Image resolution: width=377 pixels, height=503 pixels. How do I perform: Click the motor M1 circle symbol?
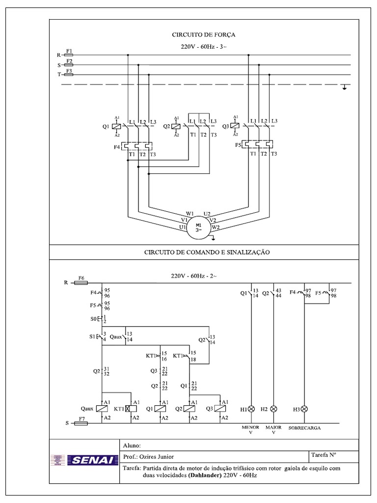[198, 227]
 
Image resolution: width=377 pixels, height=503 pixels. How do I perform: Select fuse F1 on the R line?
[69, 56]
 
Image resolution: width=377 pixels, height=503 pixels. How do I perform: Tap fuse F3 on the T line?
[69, 75]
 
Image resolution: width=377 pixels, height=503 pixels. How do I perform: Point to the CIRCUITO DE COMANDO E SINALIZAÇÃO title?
[207, 252]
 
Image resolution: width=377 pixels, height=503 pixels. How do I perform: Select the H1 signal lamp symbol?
[251, 409]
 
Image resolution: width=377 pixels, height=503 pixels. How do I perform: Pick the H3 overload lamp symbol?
[304, 409]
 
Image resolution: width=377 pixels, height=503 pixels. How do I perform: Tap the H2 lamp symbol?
[274, 409]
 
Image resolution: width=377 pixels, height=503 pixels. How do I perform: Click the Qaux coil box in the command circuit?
[102, 409]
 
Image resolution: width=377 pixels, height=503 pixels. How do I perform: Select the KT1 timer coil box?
[131, 409]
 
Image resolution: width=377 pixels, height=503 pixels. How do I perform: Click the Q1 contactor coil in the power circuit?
[116, 126]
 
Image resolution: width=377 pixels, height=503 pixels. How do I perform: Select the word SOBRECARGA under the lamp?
[304, 428]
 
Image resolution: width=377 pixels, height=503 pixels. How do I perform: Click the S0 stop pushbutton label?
[95, 319]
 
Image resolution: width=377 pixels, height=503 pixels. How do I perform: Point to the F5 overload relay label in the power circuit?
[238, 145]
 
